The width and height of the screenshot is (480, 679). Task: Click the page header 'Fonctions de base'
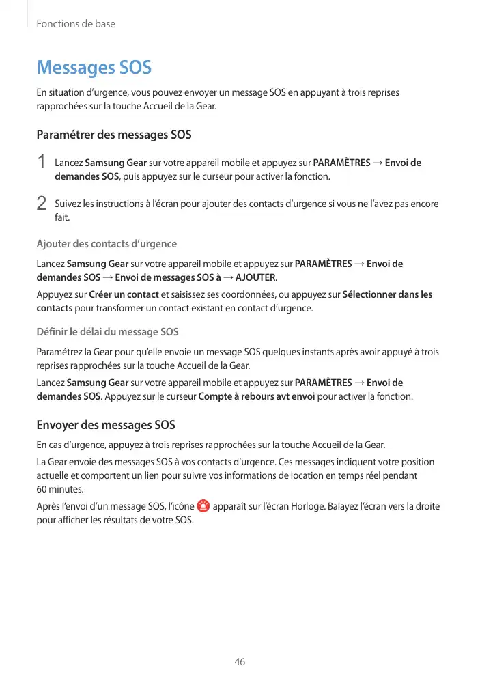click(x=76, y=24)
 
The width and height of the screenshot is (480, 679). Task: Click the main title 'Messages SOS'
click(x=94, y=68)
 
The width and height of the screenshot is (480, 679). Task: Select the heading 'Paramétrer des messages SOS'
click(x=114, y=135)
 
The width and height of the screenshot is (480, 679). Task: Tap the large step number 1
click(x=42, y=163)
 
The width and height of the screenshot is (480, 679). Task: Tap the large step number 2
click(x=42, y=204)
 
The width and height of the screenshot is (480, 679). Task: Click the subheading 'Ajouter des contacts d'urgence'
click(x=107, y=244)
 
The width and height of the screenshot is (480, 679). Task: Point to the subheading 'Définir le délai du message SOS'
click(x=107, y=332)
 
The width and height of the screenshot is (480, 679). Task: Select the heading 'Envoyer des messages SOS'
click(x=106, y=426)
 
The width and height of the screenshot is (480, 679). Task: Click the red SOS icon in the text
click(x=203, y=507)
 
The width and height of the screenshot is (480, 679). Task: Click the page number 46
click(x=240, y=662)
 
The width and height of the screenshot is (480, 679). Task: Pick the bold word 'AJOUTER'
click(x=255, y=277)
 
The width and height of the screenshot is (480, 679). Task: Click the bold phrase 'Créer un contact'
click(x=124, y=295)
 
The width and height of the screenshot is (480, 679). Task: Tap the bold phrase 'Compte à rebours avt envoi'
click(x=256, y=396)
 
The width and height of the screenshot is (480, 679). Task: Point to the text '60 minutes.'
click(x=60, y=490)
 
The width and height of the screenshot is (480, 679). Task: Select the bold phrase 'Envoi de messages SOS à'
click(x=168, y=277)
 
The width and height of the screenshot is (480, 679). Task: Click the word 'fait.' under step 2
click(x=62, y=217)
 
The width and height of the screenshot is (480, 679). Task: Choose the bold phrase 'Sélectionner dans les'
click(x=387, y=295)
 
